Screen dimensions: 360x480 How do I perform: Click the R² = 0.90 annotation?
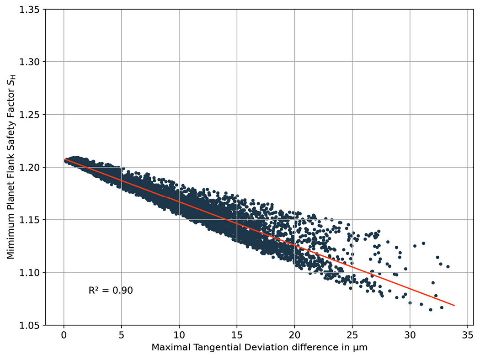tap(111, 291)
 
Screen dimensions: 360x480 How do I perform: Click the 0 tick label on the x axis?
tap(64, 335)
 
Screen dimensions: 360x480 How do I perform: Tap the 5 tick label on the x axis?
tap(121, 335)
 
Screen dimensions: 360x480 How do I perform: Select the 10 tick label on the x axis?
tap(179, 335)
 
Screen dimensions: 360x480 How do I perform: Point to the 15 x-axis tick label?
tap(237, 335)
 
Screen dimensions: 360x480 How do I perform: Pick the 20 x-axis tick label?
tap(294, 335)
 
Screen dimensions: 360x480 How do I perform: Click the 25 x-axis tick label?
tap(352, 335)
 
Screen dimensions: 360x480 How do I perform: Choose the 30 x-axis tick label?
tap(410, 335)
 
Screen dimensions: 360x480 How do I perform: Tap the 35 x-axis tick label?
tap(467, 335)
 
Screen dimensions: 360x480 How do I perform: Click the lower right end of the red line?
tap(454, 305)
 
